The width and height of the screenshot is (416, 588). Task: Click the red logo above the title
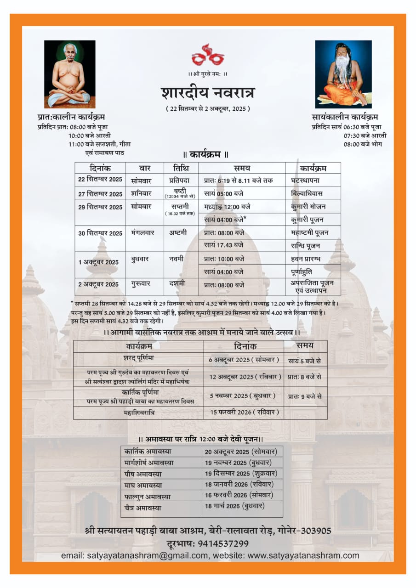208,55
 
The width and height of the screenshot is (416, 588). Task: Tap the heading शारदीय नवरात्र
208,92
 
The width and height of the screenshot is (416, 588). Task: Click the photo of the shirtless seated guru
70,74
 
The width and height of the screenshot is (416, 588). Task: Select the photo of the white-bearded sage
343,74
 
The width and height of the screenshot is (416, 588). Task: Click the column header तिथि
181,168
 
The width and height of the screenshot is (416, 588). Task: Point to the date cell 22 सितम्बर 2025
100,179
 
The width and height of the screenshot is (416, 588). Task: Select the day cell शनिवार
141,193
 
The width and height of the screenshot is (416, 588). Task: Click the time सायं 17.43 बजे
224,245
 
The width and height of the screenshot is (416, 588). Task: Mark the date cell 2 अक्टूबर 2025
98,284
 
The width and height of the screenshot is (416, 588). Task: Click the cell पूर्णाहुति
305,271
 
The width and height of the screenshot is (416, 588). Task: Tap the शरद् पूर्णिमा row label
138,358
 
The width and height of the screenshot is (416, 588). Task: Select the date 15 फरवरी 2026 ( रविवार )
244,412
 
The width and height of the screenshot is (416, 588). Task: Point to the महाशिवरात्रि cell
139,413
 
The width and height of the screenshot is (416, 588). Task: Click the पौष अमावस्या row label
143,474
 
